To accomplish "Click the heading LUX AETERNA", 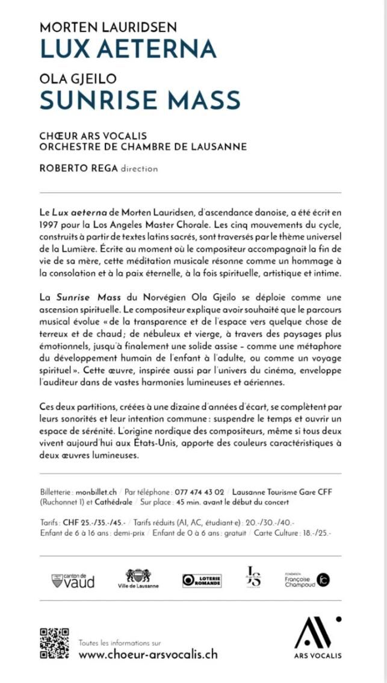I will click(x=128, y=48).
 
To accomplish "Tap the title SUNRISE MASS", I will click(x=140, y=99).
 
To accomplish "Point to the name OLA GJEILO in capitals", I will click(x=78, y=78).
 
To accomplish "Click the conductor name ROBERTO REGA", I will click(x=78, y=168).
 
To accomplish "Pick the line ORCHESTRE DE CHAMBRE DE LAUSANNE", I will click(x=143, y=146).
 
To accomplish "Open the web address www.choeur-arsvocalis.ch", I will click(x=148, y=654).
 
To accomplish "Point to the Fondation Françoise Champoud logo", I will click(x=307, y=579).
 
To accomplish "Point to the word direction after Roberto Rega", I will click(x=139, y=169).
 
